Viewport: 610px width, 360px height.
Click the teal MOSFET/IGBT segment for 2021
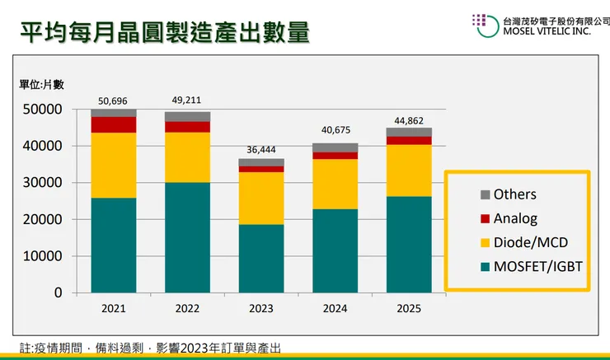pyautogui.click(x=114, y=245)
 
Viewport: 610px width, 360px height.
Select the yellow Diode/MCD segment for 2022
pyautogui.click(x=187, y=157)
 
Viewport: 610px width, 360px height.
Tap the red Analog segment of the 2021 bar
pyautogui.click(x=114, y=124)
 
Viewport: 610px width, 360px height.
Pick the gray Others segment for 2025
pyautogui.click(x=409, y=132)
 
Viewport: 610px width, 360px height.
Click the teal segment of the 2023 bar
pyautogui.click(x=261, y=258)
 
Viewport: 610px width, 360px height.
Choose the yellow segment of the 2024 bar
pyautogui.click(x=335, y=184)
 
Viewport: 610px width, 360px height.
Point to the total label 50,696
pyautogui.click(x=114, y=101)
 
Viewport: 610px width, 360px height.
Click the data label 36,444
pyautogui.click(x=261, y=150)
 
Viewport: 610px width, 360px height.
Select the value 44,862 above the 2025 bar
pyautogui.click(x=409, y=120)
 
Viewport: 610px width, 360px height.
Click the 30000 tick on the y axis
pyautogui.click(x=45, y=183)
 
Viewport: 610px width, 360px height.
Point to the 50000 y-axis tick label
pyautogui.click(x=45, y=110)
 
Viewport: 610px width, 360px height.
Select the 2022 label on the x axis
pyautogui.click(x=187, y=308)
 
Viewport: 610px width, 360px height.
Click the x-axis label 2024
pyautogui.click(x=335, y=308)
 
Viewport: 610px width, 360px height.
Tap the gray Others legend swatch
pyautogui.click(x=484, y=195)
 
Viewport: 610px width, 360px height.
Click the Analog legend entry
pyautogui.click(x=516, y=218)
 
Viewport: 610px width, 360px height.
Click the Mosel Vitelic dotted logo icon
pyautogui.click(x=483, y=25)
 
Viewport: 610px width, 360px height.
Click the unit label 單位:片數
pyautogui.click(x=42, y=84)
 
